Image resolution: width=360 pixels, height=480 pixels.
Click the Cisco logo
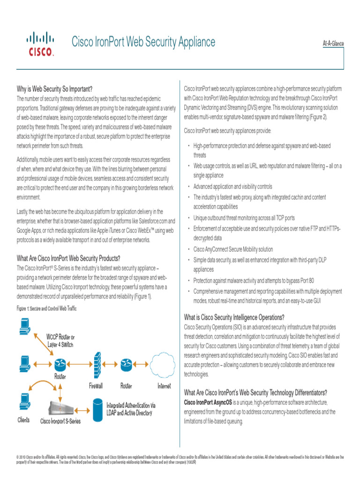coord(40,45)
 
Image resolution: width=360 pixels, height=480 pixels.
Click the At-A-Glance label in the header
coord(333,44)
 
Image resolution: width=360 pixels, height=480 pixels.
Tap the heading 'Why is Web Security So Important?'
coord(54,89)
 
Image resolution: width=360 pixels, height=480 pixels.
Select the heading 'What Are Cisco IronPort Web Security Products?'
coord(68,258)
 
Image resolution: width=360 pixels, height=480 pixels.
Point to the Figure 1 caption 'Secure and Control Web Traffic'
coord(46,309)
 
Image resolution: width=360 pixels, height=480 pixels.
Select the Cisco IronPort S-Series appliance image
coord(67,407)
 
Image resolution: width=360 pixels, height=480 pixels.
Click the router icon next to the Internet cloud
coord(126,364)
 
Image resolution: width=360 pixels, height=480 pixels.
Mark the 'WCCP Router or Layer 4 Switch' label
coord(60,341)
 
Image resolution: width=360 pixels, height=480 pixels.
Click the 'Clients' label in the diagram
coord(23,420)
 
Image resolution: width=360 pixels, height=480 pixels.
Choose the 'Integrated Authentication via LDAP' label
coord(131,409)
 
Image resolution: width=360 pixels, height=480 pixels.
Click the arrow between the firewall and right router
coord(111,364)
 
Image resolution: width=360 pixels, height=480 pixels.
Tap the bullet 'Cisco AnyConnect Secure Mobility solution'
coord(233,249)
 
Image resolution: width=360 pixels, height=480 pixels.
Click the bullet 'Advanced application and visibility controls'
coord(232,187)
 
